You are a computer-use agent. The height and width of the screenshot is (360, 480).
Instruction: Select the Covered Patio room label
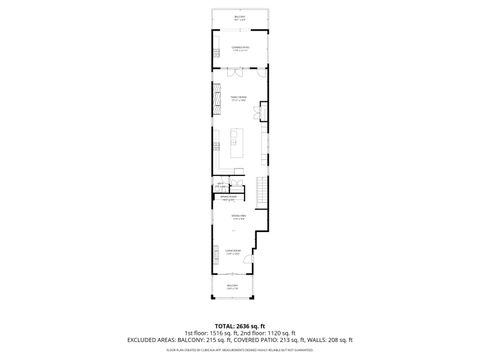(x=239, y=47)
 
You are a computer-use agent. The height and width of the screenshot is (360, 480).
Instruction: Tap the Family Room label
(x=239, y=98)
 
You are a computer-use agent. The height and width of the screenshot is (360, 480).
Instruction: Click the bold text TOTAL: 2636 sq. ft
(x=239, y=326)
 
